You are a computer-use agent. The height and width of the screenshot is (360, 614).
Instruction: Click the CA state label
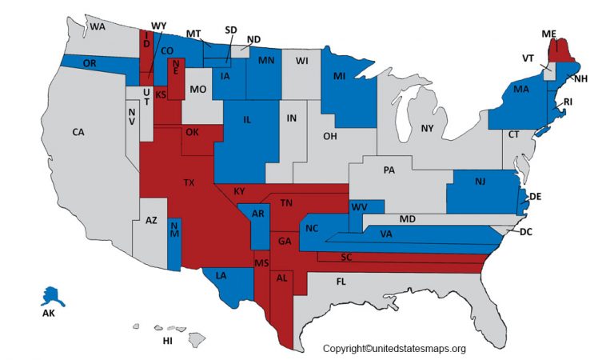[x=79, y=132]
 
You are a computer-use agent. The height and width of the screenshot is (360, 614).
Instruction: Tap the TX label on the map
[x=189, y=183]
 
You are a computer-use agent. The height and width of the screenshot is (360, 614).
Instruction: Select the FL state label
[x=341, y=282]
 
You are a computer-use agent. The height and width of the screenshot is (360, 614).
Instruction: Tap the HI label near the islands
[x=167, y=340]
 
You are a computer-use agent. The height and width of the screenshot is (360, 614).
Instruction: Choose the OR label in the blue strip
[x=90, y=63]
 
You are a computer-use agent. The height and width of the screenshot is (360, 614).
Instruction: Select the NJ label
[x=480, y=182]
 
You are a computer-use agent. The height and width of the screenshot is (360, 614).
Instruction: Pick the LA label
[x=221, y=277]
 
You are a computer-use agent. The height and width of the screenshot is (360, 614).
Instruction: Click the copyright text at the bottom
[x=393, y=348]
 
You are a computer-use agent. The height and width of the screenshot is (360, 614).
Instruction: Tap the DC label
[x=525, y=232]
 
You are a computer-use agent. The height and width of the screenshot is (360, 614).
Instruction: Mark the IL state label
[x=247, y=119]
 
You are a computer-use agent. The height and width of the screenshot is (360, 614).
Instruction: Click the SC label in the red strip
[x=346, y=257]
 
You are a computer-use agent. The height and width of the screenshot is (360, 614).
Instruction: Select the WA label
[x=98, y=26]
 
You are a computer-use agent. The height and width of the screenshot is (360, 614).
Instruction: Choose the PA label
[x=389, y=170]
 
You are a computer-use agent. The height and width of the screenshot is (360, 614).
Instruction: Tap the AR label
[x=257, y=214]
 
